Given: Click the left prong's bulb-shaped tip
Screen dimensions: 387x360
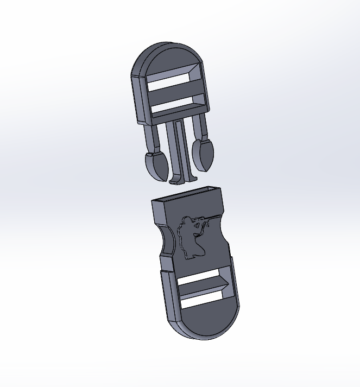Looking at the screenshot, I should (156, 166).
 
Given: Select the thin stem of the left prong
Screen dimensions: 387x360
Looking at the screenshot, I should (152, 138).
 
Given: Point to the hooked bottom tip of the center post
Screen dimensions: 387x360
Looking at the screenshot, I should (180, 179).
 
